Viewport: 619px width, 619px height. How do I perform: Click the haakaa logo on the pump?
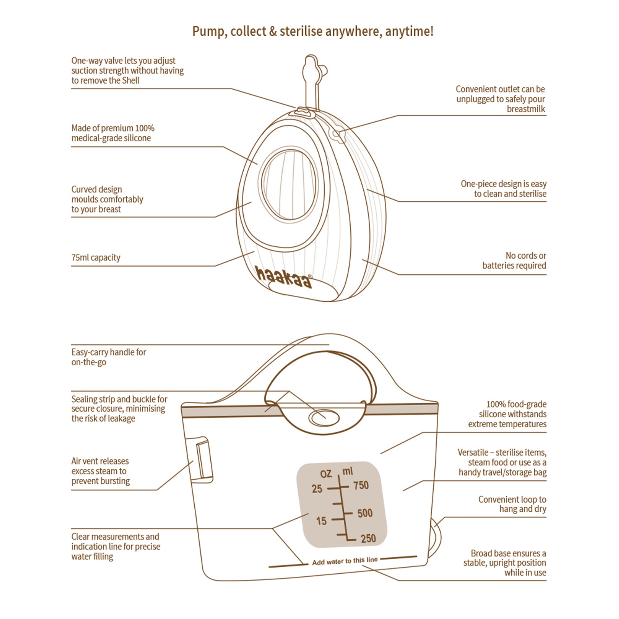click(283, 277)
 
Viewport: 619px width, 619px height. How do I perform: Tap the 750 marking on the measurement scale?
click(361, 485)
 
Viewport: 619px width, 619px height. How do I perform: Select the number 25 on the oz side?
click(317, 489)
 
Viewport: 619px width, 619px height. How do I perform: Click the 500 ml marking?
click(365, 513)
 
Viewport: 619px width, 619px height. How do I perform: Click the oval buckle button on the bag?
click(324, 418)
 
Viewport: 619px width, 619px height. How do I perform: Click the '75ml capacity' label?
click(96, 258)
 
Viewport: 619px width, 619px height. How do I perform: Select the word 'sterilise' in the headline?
click(301, 31)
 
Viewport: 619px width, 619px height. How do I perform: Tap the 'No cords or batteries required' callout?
click(514, 261)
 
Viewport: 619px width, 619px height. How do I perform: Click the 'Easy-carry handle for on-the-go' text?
click(108, 357)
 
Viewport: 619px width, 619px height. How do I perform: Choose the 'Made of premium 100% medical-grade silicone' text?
click(112, 133)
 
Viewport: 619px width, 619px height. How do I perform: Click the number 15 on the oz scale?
click(321, 521)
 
